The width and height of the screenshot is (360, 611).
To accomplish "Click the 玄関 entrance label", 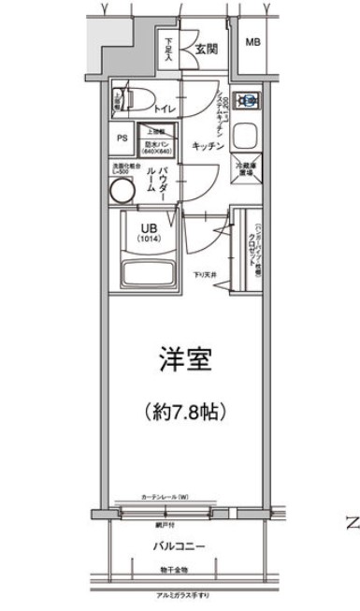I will (x=207, y=49).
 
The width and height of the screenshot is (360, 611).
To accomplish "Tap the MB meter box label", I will (x=252, y=43).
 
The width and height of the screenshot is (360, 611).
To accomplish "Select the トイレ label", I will (x=166, y=108).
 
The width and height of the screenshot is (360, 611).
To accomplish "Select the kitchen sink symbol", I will (x=249, y=135).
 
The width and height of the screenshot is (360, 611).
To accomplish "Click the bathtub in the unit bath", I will (x=151, y=276).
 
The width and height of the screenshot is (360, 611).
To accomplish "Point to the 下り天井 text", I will (x=207, y=274).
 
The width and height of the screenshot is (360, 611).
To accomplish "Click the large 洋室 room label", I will (x=187, y=360).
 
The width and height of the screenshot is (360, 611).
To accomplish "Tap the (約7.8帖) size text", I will (x=188, y=410).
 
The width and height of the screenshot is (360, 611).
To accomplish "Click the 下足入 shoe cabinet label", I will (x=169, y=48).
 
